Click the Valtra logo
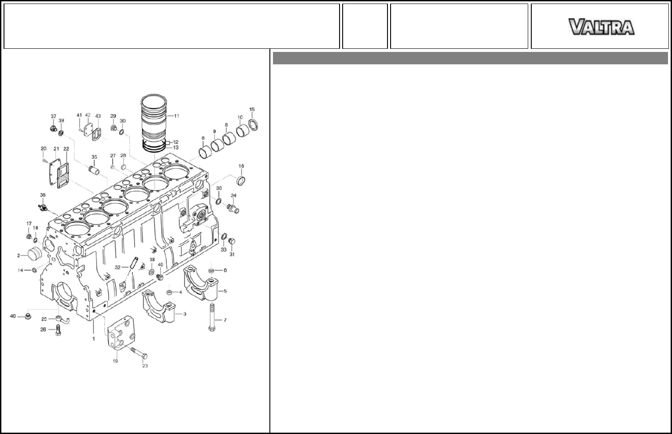pyautogui.click(x=601, y=27)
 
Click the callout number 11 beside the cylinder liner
pyautogui.click(x=177, y=116)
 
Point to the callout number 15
pyautogui.click(x=252, y=110)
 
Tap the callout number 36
pyautogui.click(x=43, y=195)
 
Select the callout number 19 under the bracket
pyautogui.click(x=115, y=361)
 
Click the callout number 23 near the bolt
pyautogui.click(x=145, y=366)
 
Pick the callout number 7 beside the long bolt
pyautogui.click(x=225, y=320)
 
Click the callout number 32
pyautogui.click(x=118, y=267)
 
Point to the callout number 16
pyautogui.click(x=241, y=166)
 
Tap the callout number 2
pyautogui.click(x=19, y=256)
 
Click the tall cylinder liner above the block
pyautogui.click(x=154, y=123)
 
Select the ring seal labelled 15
pyautogui.click(x=253, y=125)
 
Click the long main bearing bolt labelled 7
pyautogui.click(x=212, y=317)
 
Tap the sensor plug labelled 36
pyautogui.click(x=43, y=208)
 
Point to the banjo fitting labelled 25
pyautogui.click(x=63, y=320)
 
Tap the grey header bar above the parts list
pyautogui.click(x=470, y=58)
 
